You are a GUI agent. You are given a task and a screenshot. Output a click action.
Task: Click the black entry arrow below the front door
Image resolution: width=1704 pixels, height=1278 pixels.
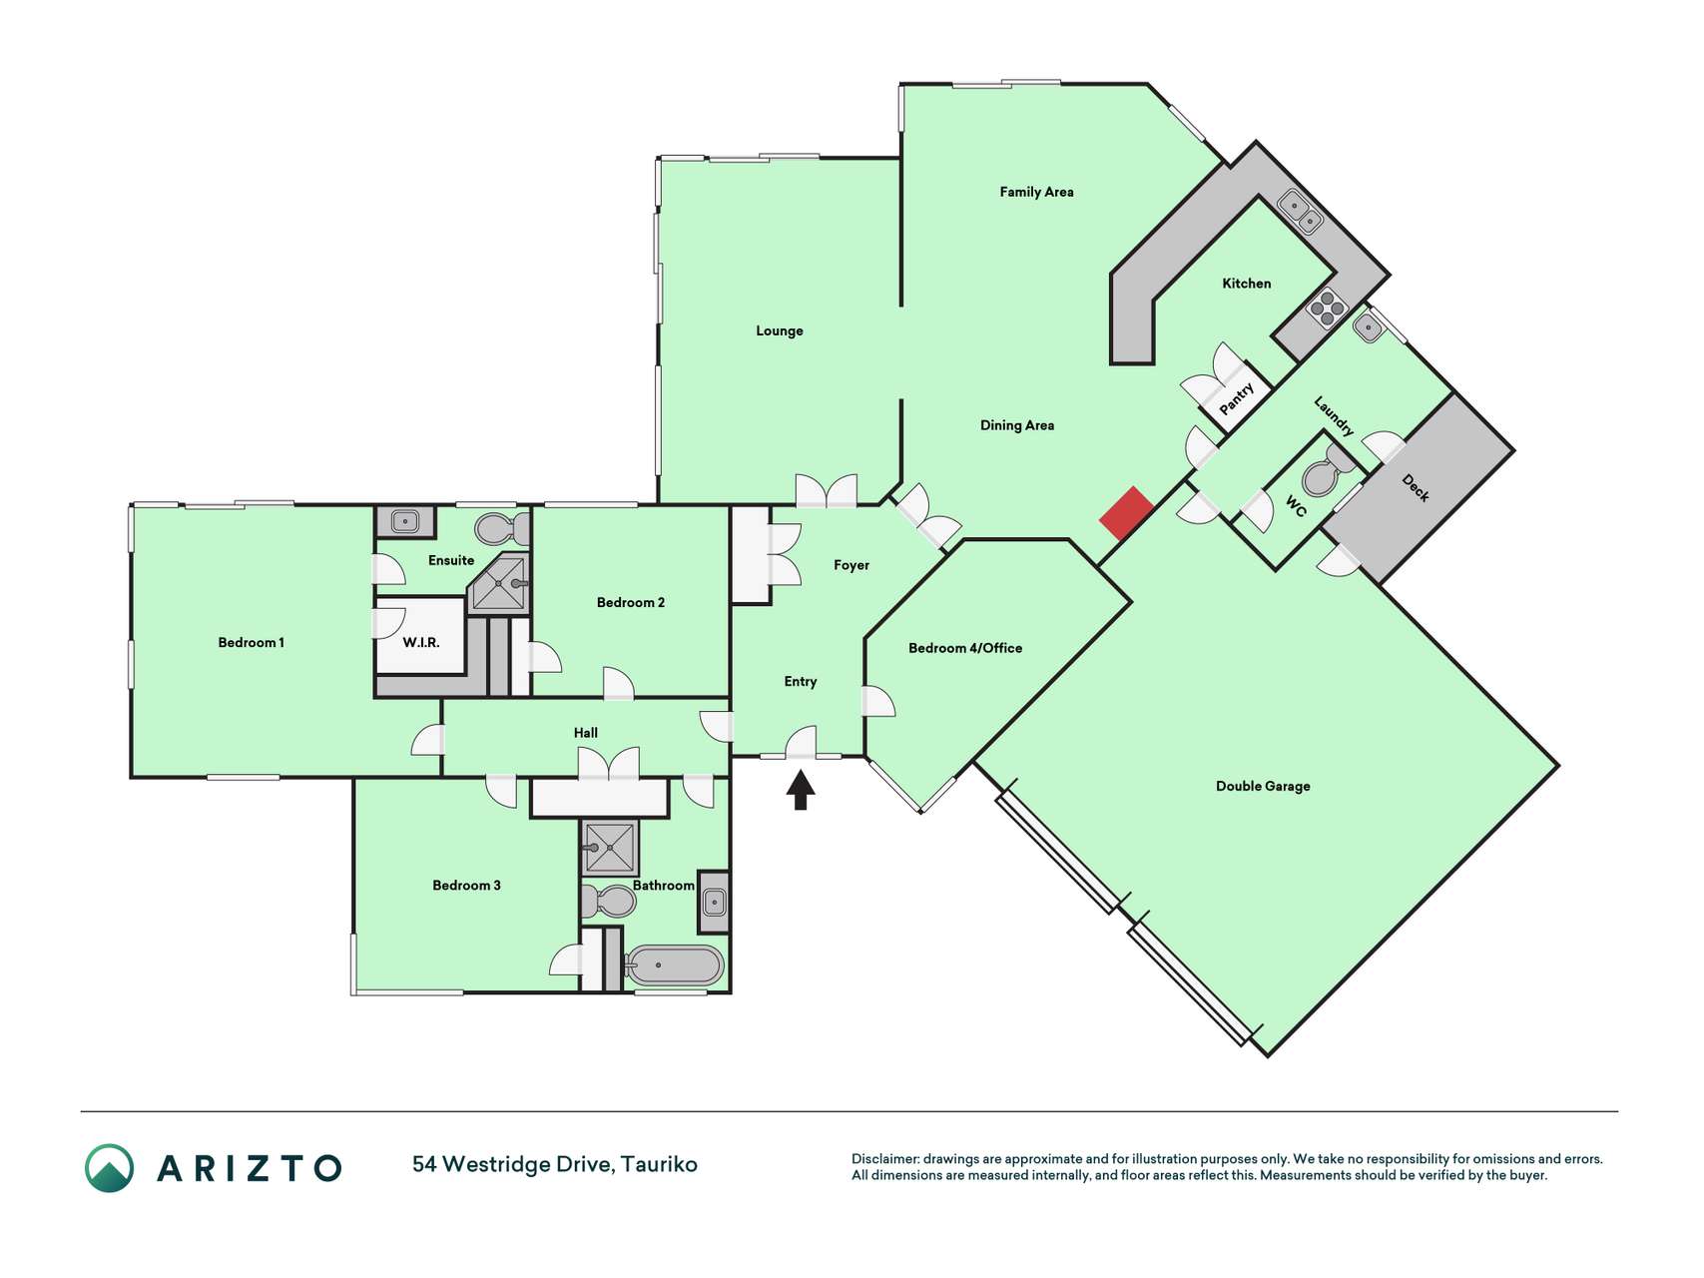click(801, 790)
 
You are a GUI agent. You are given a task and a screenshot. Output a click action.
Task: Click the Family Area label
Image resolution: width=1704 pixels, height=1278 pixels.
click(1036, 192)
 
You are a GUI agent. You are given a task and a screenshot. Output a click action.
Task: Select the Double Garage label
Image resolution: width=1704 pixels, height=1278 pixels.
click(1263, 786)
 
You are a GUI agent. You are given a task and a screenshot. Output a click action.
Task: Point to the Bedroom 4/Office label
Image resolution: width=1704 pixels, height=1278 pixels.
click(965, 648)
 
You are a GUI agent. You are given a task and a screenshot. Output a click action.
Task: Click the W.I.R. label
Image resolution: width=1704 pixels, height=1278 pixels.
click(421, 642)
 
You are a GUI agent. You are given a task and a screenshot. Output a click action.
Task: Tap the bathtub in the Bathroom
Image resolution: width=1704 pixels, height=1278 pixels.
click(675, 965)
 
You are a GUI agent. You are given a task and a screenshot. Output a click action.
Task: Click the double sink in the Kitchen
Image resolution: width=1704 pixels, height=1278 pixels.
click(1301, 211)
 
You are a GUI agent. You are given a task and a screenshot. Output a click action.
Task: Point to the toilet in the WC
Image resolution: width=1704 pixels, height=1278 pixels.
click(1327, 472)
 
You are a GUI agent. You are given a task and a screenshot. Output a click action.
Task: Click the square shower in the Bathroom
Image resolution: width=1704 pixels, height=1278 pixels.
click(609, 848)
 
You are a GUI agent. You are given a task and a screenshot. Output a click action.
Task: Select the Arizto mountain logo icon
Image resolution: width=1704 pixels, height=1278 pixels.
click(109, 1168)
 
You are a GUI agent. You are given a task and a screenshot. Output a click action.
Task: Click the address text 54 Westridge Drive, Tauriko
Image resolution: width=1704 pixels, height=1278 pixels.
click(555, 1164)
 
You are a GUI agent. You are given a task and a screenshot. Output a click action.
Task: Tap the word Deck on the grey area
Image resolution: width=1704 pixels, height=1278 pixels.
click(1416, 487)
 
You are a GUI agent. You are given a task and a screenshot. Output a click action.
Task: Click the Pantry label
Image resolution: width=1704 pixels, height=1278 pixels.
click(1236, 399)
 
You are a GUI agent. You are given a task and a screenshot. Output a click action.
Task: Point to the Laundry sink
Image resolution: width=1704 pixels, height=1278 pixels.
click(1368, 326)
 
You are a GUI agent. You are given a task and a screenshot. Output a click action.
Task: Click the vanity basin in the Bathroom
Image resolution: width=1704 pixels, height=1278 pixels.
click(714, 902)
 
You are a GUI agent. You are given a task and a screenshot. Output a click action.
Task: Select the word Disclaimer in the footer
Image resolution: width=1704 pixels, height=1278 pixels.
click(884, 1159)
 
